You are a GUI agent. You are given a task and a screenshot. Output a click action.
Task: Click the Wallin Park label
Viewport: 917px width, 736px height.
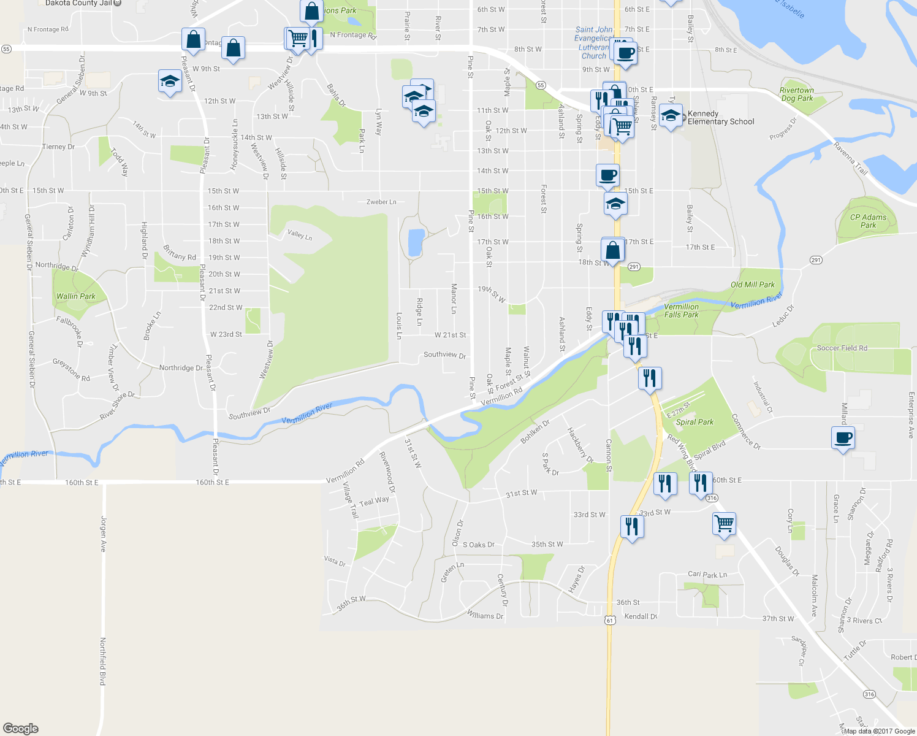coord(76,296)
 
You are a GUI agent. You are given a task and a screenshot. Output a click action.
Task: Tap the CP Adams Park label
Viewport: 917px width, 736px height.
coord(868,221)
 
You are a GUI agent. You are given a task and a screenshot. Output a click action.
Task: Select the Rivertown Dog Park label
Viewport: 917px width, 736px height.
coord(796,94)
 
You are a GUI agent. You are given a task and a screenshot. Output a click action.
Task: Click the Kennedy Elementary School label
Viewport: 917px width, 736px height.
coord(720,118)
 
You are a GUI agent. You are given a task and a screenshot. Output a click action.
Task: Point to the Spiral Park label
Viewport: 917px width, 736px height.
coord(694,422)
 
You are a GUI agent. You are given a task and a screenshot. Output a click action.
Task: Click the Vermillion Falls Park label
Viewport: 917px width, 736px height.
coord(681,310)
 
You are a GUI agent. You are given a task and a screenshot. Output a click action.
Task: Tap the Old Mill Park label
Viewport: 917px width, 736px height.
coord(752,285)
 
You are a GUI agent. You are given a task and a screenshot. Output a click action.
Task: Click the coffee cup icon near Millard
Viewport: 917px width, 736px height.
coord(843,438)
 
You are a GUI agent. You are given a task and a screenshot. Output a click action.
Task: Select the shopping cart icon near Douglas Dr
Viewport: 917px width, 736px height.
coord(724,524)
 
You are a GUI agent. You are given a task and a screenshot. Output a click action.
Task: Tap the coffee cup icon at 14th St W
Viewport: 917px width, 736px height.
coord(607,175)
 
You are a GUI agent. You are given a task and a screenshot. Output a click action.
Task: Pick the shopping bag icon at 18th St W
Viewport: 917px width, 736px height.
coord(613,250)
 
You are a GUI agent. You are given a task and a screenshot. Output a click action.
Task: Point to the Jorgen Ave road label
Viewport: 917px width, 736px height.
coord(104,534)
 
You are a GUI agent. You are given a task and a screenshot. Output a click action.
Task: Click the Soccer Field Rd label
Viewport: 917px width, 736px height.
coord(842,348)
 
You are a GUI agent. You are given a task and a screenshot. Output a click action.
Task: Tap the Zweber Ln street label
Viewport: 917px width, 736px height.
coord(381,202)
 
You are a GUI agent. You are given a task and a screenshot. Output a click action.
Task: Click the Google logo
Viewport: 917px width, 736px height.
coord(21,728)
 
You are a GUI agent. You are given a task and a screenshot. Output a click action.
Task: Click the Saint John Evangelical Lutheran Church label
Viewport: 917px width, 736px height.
coord(593,42)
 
